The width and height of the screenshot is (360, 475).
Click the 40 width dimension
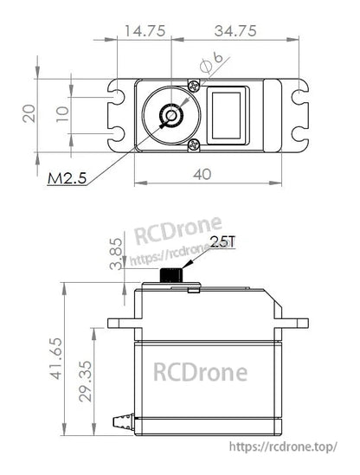pos(202,174)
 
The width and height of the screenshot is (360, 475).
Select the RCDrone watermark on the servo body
pos(200,372)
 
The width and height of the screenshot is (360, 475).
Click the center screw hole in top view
pos(173,114)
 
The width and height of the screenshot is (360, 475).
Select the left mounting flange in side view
pos(120,324)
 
